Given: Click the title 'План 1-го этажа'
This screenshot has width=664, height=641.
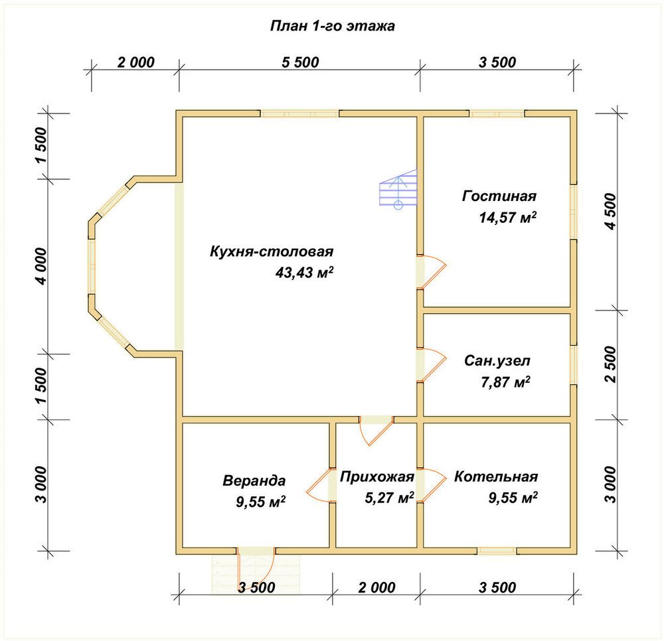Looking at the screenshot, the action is point(333,26).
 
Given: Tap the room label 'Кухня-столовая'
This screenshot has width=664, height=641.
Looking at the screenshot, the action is point(272,251).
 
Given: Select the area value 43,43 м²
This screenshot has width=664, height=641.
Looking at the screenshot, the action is point(304,272).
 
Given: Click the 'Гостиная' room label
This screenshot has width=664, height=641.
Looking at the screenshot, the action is point(499,196).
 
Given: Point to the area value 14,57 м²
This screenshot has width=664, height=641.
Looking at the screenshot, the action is point(508,217).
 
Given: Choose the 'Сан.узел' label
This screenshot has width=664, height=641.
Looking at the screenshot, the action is point(497,360).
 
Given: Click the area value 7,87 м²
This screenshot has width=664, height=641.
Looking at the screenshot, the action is point(505,382).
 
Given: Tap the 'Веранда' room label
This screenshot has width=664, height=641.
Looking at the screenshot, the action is point(254,480).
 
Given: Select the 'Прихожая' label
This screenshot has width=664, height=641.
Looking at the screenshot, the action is point(377,477).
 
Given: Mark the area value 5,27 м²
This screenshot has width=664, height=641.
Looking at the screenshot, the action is point(389,498).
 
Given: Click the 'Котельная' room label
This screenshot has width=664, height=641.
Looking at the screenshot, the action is point(496,476).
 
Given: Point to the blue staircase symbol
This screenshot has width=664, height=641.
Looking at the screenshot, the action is point(398,188).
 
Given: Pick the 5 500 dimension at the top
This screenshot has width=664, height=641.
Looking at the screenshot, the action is point(300,62).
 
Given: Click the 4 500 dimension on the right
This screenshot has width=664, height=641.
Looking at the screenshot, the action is point(611,212).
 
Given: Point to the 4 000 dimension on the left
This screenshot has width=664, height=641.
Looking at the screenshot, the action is point(41,266).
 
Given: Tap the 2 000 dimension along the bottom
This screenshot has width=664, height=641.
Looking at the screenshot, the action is point(376,587).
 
